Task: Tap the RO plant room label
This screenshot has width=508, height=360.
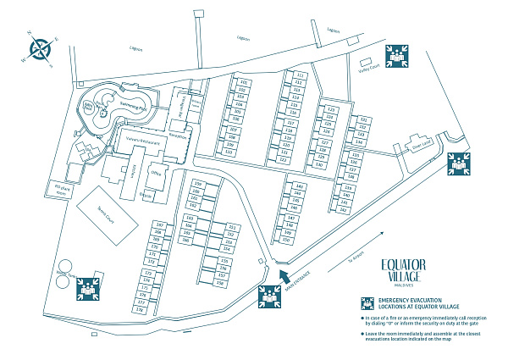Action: click(61, 188)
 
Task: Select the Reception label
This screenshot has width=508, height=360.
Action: click(177, 136)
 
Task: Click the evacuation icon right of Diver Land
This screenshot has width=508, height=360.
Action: click(459, 163)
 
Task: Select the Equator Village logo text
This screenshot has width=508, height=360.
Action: click(403, 270)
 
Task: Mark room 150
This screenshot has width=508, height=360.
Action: click(286, 240)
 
